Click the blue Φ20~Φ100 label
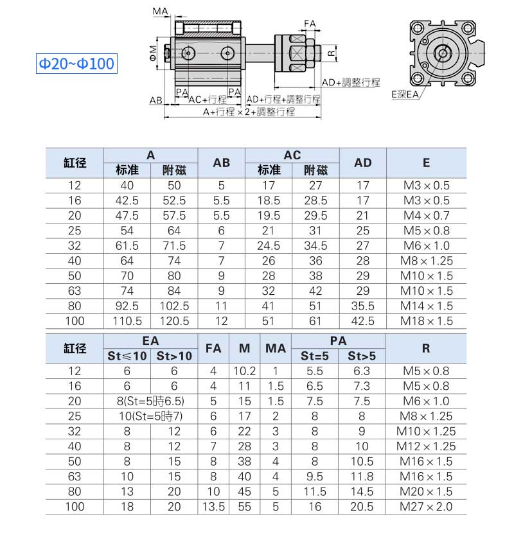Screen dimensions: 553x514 76,64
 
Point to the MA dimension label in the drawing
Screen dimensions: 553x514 161,11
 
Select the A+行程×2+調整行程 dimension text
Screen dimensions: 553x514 249,112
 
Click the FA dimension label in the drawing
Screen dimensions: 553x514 310,24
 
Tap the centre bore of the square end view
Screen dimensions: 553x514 442,53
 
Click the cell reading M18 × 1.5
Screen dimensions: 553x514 426,321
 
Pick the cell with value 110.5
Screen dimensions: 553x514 127,321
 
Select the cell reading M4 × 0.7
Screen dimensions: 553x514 426,216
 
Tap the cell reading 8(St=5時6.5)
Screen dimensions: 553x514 150,401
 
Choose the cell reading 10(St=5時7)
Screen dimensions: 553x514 150,416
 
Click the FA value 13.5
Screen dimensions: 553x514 213,507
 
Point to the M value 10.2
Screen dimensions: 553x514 244,371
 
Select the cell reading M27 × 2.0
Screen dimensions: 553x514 426,507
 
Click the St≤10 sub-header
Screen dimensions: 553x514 127,356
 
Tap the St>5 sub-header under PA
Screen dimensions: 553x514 362,356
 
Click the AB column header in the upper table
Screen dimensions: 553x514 221,163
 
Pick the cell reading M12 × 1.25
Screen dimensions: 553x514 426,446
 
